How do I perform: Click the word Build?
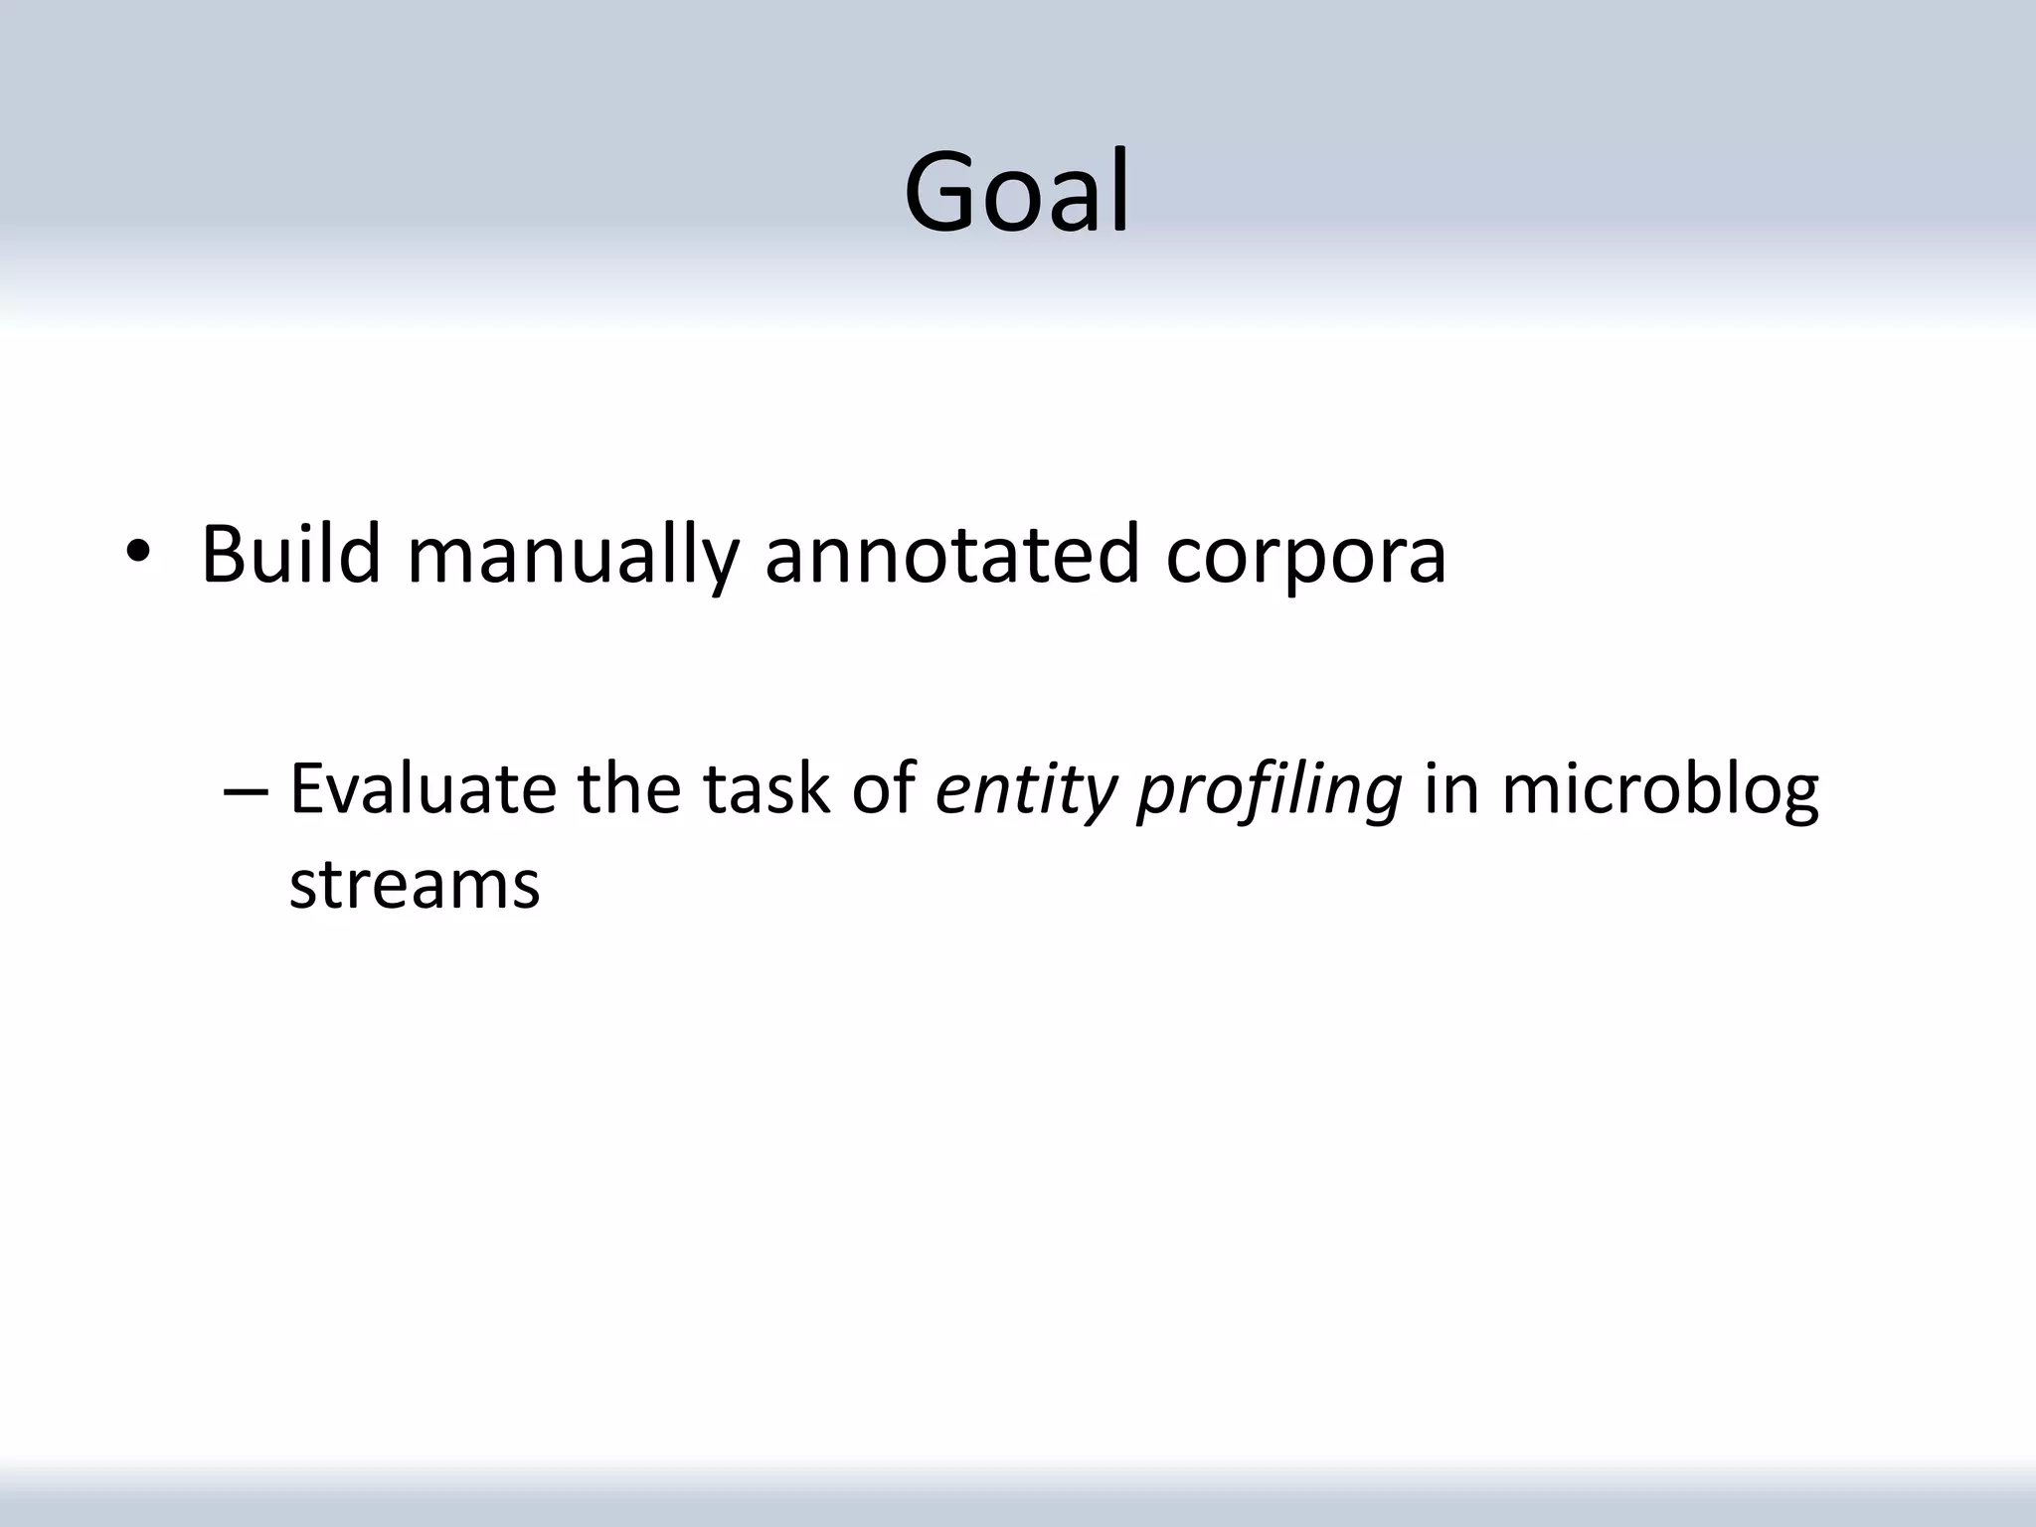[x=290, y=555]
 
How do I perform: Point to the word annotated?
[x=951, y=555]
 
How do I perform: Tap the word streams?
[x=414, y=884]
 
